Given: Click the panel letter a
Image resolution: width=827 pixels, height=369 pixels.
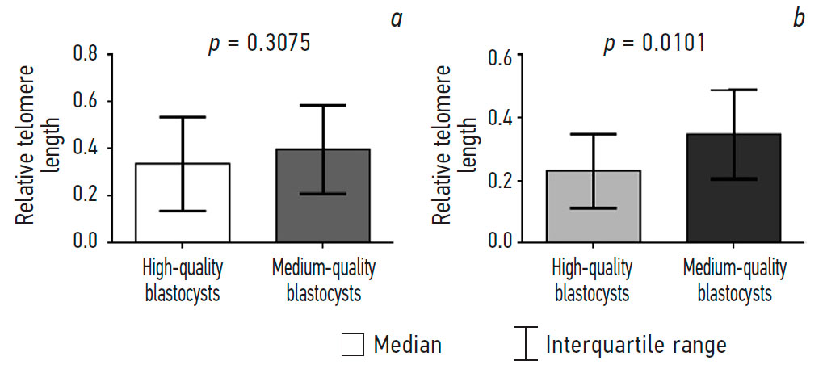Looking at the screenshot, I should click(x=397, y=18).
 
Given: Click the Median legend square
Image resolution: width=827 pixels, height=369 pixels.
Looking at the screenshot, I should click(x=353, y=345).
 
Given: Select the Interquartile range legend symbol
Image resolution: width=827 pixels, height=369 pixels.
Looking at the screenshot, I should click(x=527, y=344).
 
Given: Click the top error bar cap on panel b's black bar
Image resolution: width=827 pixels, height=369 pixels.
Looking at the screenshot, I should click(x=733, y=90).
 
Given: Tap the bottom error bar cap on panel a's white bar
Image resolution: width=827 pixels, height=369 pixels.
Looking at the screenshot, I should click(x=183, y=211).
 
